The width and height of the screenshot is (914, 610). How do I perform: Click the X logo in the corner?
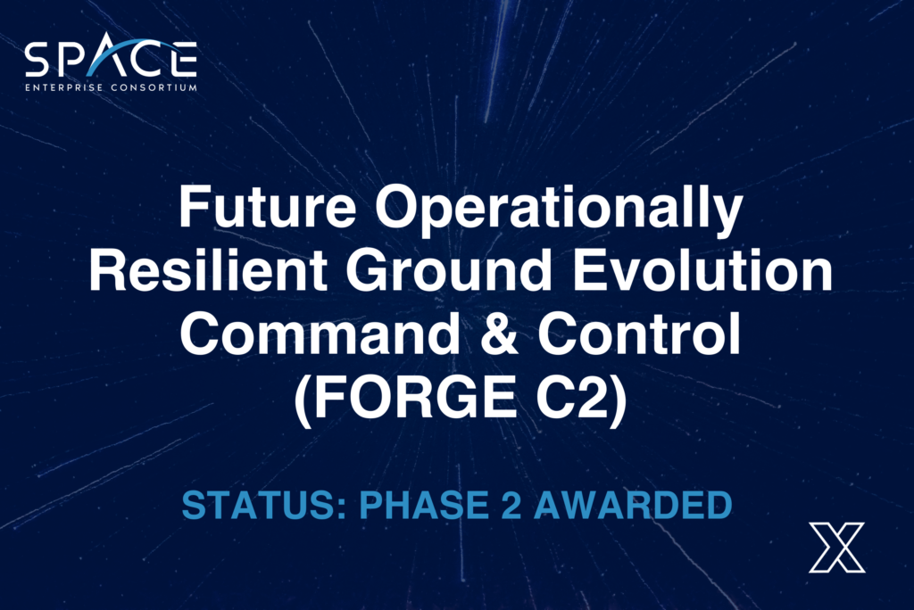(x=836, y=547)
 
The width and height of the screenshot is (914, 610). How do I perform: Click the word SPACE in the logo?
(x=111, y=60)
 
